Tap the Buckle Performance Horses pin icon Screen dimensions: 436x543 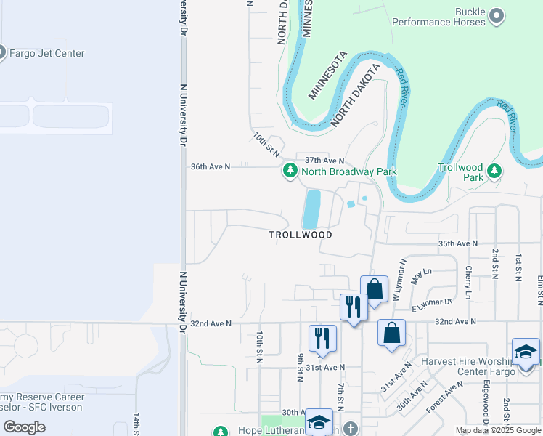click(x=497, y=15)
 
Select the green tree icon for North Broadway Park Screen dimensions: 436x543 click(x=290, y=171)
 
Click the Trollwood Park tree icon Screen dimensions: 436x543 click(x=494, y=171)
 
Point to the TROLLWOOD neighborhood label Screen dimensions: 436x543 click(x=301, y=235)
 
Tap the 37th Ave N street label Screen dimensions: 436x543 click(x=324, y=160)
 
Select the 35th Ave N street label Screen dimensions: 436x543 click(x=459, y=243)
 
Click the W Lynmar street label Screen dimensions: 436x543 click(x=398, y=280)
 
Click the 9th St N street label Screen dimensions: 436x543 click(x=300, y=367)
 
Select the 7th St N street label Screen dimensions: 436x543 click(x=340, y=397)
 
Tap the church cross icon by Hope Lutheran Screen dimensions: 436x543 click(x=351, y=428)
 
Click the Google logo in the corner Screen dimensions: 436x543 click(x=24, y=427)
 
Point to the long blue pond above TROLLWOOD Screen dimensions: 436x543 click(x=311, y=209)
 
